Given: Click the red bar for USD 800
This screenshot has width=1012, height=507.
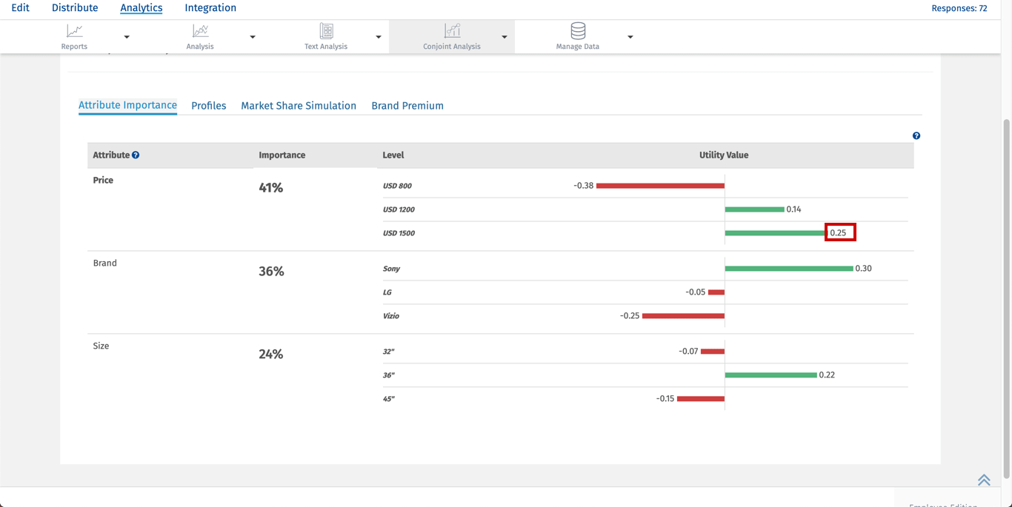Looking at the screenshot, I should click(x=660, y=186).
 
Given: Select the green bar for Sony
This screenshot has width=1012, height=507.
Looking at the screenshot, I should click(x=789, y=269).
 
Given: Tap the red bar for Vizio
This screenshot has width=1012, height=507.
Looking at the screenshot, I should click(x=683, y=316).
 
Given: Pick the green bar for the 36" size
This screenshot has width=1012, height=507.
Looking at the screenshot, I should click(x=770, y=375).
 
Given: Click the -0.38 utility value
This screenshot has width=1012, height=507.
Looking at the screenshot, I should click(x=584, y=186).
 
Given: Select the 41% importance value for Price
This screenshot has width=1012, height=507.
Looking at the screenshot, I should click(x=271, y=188).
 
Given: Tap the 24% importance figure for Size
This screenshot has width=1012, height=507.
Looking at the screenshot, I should click(x=271, y=355).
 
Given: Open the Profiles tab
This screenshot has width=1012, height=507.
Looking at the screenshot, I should click(x=209, y=106).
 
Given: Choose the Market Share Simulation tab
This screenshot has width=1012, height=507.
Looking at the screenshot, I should click(x=299, y=106).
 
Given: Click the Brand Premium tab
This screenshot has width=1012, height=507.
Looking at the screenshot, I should click(x=407, y=106).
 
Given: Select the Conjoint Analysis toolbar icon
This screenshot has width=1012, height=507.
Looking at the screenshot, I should click(x=452, y=31).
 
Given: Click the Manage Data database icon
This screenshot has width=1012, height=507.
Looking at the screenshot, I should click(x=578, y=31).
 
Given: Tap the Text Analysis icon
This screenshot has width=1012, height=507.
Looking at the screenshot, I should click(x=326, y=31).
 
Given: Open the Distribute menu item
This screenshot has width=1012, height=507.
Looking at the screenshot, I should click(x=75, y=8).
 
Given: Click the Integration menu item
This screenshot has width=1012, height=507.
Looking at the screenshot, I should click(x=210, y=8).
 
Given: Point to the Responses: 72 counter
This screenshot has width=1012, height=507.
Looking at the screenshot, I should click(x=959, y=9).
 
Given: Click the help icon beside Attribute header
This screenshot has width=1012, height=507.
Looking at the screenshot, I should click(x=136, y=155).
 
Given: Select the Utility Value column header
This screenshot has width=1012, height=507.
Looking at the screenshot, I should click(x=724, y=155).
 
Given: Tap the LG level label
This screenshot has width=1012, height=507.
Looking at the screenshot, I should click(x=387, y=292).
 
